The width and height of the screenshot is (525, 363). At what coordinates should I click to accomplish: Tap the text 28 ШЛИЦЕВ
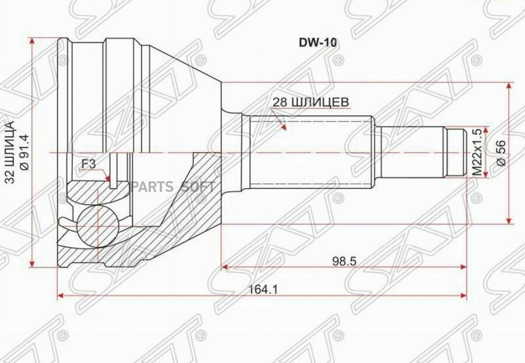(311, 101)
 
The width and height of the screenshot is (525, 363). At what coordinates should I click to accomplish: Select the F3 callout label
(89, 164)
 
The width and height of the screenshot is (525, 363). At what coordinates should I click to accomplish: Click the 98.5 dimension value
(345, 261)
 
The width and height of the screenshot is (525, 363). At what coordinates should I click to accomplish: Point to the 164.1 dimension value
(263, 290)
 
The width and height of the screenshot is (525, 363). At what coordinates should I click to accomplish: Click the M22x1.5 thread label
(477, 153)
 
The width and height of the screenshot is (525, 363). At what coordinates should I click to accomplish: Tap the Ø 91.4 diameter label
(24, 153)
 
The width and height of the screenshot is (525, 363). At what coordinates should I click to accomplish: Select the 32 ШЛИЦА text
(10, 152)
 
